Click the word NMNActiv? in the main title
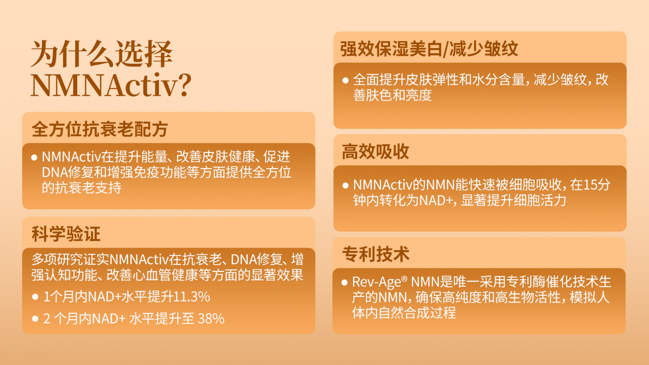click(111, 85)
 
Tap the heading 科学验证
click(66, 234)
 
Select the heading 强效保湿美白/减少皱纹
click(429, 49)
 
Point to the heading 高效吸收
click(375, 151)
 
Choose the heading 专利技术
click(376, 254)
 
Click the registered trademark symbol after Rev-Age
click(404, 279)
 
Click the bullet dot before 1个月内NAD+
click(35, 297)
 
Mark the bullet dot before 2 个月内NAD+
click(35, 319)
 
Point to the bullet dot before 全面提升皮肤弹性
click(345, 80)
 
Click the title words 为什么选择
click(101, 54)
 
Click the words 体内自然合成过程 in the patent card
click(404, 313)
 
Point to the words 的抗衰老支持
click(82, 188)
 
